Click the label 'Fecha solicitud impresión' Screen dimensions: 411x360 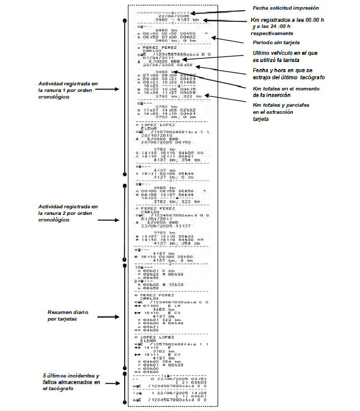[x=286, y=9]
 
